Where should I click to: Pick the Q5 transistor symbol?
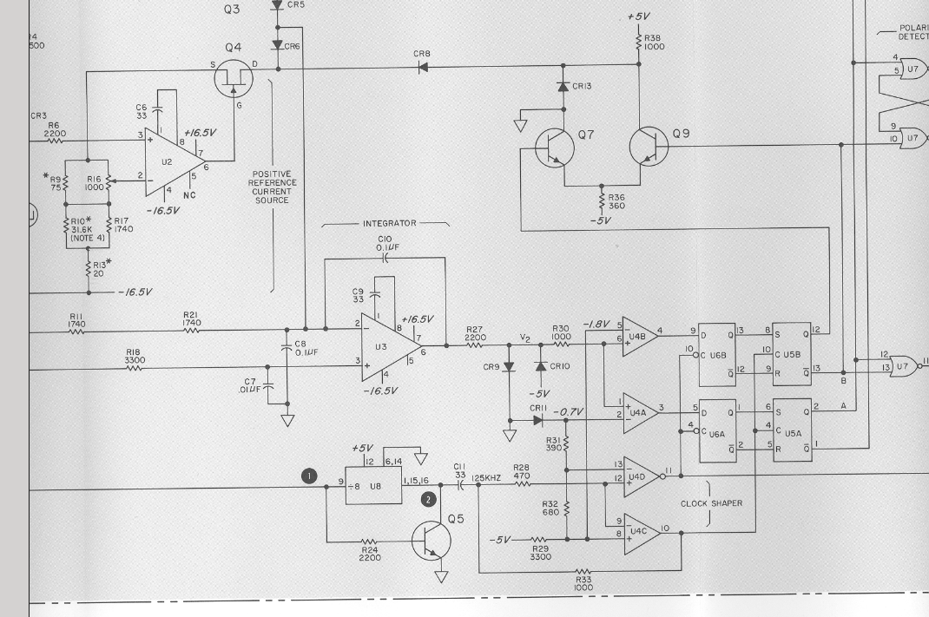click(432, 542)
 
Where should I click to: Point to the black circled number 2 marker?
click(427, 499)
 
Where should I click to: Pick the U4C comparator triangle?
click(640, 530)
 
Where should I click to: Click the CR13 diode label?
click(582, 86)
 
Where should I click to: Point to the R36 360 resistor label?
click(617, 201)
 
